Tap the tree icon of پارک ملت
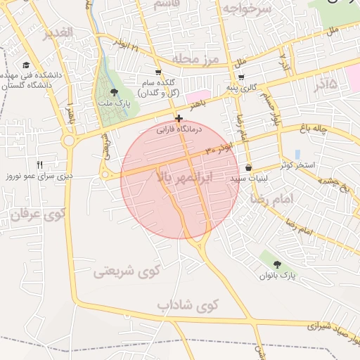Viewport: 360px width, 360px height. pos(115,92)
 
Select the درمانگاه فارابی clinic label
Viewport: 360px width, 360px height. pos(179,130)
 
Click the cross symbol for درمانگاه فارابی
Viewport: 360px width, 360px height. pos(179,119)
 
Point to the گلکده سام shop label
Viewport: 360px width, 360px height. pos(158,87)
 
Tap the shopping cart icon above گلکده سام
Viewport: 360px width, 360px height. pos(158,72)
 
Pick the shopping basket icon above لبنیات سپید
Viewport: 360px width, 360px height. pos(250,168)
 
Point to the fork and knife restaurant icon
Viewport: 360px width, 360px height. pos(39,164)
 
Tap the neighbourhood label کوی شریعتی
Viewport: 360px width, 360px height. pos(127,270)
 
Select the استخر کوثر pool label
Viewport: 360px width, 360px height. pos(297,166)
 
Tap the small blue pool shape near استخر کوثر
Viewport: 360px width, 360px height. pos(298,154)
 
